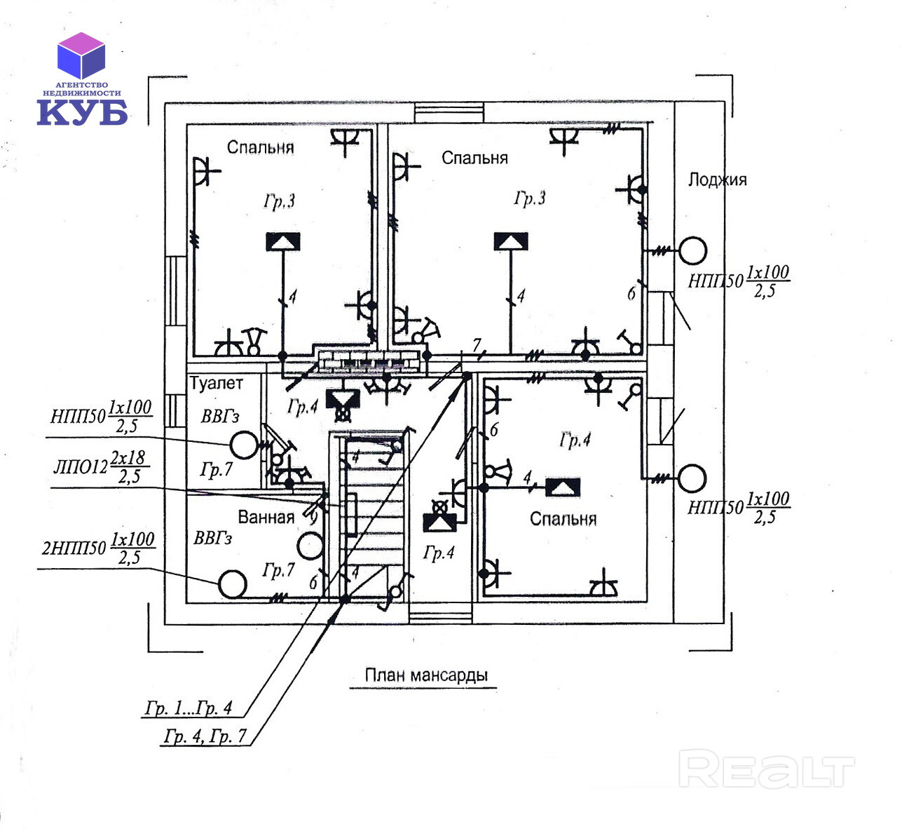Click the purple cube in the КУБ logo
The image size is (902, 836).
tap(81, 55)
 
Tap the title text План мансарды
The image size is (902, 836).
tap(425, 675)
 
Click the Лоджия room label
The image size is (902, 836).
tap(717, 180)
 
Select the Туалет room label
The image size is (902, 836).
tap(217, 384)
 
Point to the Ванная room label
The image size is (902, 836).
tap(266, 518)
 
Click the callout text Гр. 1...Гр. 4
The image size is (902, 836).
tap(188, 708)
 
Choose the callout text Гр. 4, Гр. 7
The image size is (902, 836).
tap(205, 736)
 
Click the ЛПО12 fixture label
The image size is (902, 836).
tap(81, 467)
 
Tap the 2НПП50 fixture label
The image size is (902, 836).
tap(74, 548)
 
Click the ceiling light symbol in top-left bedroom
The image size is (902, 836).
tap(282, 242)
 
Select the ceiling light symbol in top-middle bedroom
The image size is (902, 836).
tap(510, 241)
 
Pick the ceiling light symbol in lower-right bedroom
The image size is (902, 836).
tap(563, 488)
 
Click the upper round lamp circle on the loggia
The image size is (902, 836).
tap(692, 250)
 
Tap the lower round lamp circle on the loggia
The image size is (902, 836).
tap(692, 478)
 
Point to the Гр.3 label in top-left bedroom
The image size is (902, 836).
tap(279, 201)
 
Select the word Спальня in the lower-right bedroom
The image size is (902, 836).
tap(563, 519)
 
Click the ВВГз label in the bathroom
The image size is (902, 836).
tap(212, 539)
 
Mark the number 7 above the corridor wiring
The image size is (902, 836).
tap(477, 345)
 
